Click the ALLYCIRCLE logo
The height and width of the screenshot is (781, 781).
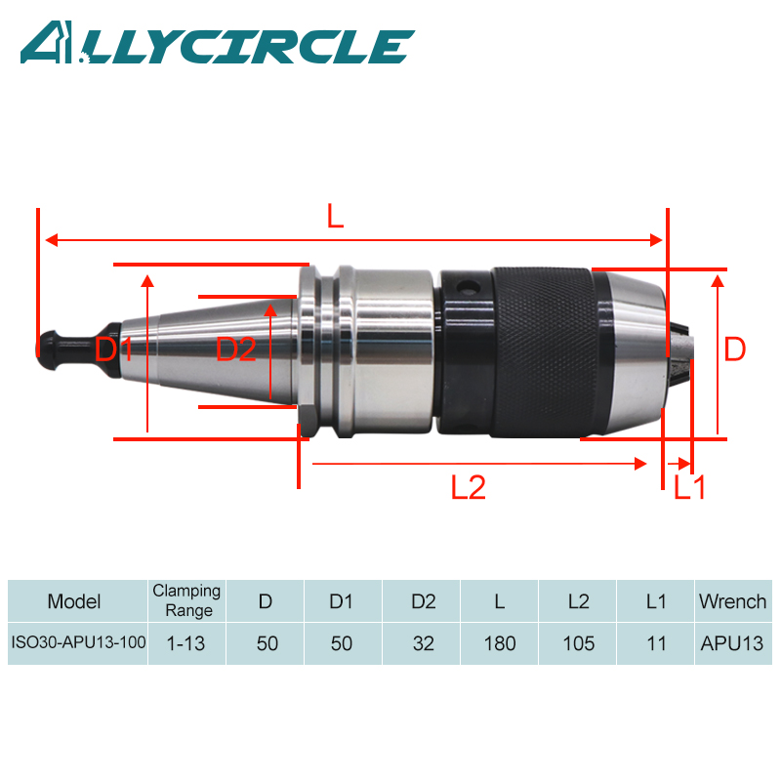tap(217, 44)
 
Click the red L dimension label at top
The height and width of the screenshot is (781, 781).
tap(335, 217)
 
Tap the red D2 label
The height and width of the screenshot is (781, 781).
tap(235, 349)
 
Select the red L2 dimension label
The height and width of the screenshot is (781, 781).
tap(468, 487)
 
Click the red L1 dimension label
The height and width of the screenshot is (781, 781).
tap(689, 487)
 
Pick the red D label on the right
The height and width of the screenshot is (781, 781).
tap(734, 349)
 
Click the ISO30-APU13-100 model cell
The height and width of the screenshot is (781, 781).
tap(77, 644)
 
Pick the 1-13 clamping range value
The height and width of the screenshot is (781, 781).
tap(186, 644)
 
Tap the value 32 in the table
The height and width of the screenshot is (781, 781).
tap(422, 644)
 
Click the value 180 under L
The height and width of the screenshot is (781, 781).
tap(499, 644)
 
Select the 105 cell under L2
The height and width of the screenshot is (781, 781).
tap(577, 644)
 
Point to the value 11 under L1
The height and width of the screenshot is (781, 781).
tap(655, 644)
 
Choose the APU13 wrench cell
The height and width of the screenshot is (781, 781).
tap(732, 644)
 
